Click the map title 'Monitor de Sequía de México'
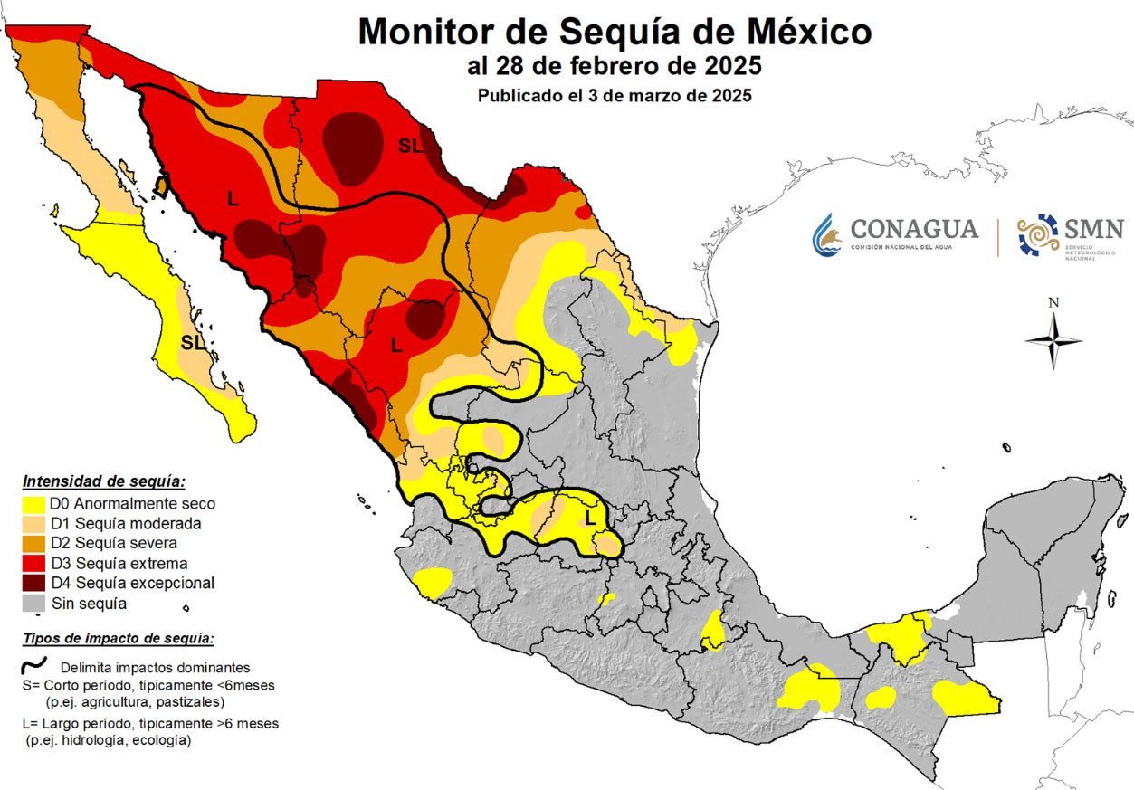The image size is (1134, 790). tap(615, 32)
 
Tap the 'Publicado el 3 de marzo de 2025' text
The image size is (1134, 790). tap(615, 95)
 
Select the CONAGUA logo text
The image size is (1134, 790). tap(914, 229)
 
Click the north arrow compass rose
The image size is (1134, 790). tap(1053, 340)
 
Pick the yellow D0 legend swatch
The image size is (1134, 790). tap(34, 504)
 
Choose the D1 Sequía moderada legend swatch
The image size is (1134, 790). tap(34, 524)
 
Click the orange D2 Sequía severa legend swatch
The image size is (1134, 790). tap(34, 543)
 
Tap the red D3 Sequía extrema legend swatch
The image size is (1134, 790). tap(34, 563)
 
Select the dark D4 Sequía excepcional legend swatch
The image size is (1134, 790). tap(34, 583)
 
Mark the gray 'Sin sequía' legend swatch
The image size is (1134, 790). tap(34, 603)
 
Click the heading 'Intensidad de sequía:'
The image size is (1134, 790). tap(103, 481)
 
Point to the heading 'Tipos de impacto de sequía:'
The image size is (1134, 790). tap(118, 639)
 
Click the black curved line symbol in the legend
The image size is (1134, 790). tap(34, 667)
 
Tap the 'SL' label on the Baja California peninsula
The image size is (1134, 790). tap(192, 343)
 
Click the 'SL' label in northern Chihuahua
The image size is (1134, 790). tap(410, 147)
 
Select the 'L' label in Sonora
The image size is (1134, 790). tap(233, 198)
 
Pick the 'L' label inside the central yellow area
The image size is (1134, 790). tap(590, 519)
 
